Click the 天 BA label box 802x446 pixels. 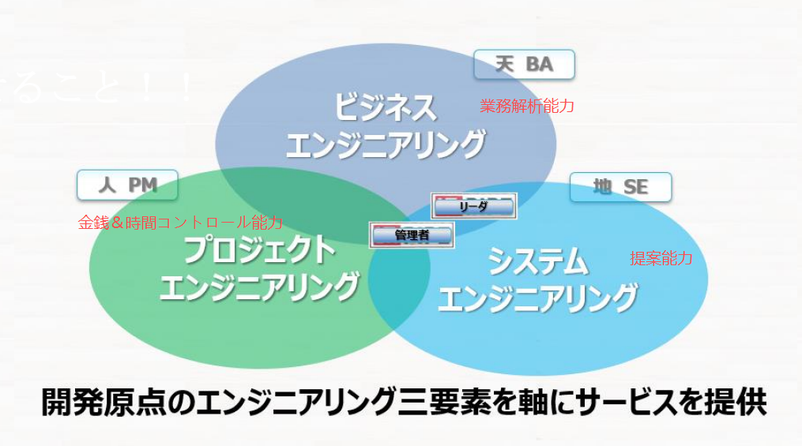point(524,65)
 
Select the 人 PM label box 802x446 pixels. point(127,186)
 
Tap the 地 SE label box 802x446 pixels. point(620,187)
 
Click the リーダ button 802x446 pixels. point(473,207)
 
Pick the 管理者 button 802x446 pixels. point(412,234)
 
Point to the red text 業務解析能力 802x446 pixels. point(527,106)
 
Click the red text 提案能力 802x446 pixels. point(661,258)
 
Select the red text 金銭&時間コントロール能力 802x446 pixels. point(179,223)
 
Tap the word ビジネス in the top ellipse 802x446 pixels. point(385,107)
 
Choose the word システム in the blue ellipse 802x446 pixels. point(537,260)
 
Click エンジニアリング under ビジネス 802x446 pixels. point(385,145)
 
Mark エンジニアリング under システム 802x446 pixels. point(537,298)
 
